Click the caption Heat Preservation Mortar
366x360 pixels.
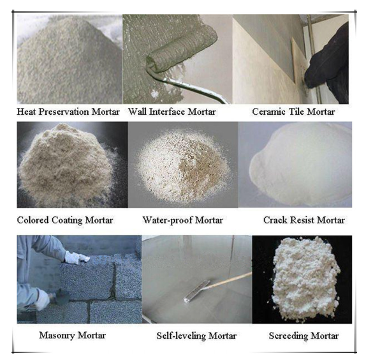tap(68, 112)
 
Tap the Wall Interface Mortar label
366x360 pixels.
tap(172, 112)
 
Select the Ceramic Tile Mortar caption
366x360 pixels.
tap(293, 112)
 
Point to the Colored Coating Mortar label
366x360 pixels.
tap(65, 220)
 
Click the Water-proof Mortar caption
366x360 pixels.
tap(183, 220)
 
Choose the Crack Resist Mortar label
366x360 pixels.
tap(304, 220)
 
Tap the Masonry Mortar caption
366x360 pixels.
tap(72, 336)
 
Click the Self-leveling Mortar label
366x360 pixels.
tap(196, 336)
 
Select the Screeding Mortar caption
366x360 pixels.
tap(304, 336)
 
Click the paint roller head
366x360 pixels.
tap(182, 50)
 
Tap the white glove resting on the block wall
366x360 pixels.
tap(77, 257)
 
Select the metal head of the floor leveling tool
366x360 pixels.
tap(197, 291)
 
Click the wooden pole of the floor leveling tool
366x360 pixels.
tap(230, 280)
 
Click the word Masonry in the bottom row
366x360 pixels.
tap(57, 336)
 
